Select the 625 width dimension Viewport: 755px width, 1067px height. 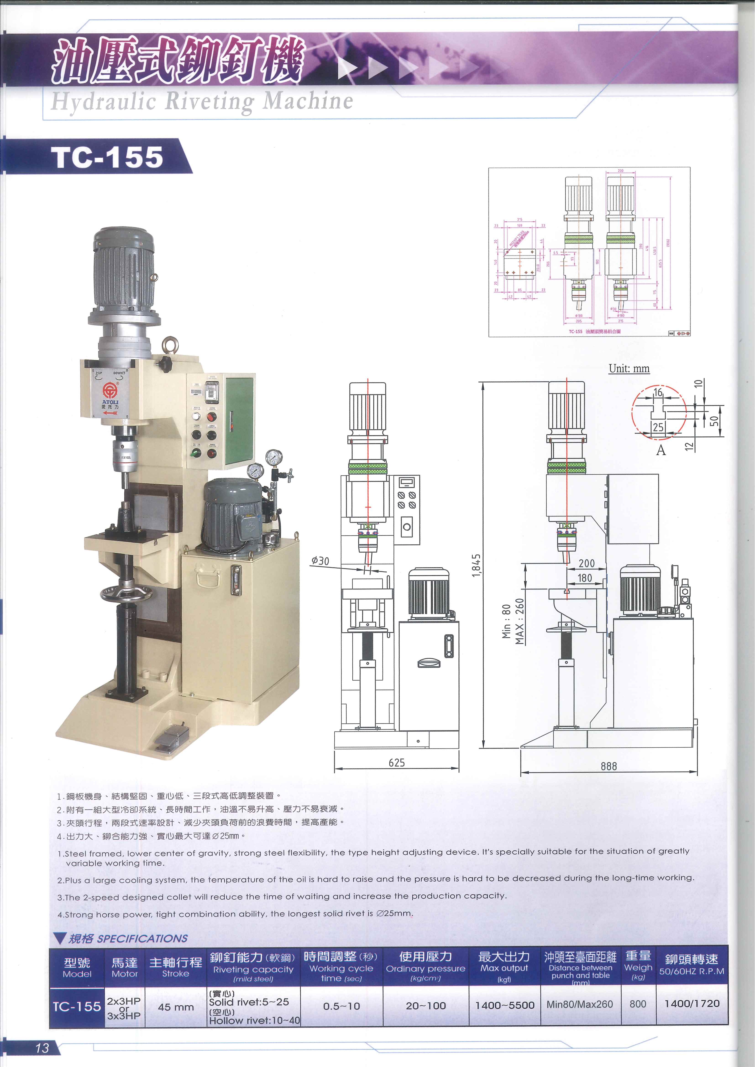pyautogui.click(x=397, y=763)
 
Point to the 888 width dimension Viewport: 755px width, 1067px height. pyautogui.click(x=608, y=766)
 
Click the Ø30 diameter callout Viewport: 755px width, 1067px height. pyautogui.click(x=320, y=561)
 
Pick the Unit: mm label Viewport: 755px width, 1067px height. pyautogui.click(x=629, y=368)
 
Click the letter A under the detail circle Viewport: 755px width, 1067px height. pyautogui.click(x=661, y=450)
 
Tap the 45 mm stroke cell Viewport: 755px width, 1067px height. pyautogui.click(x=176, y=1007)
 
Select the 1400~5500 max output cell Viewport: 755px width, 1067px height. pyautogui.click(x=504, y=1005)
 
